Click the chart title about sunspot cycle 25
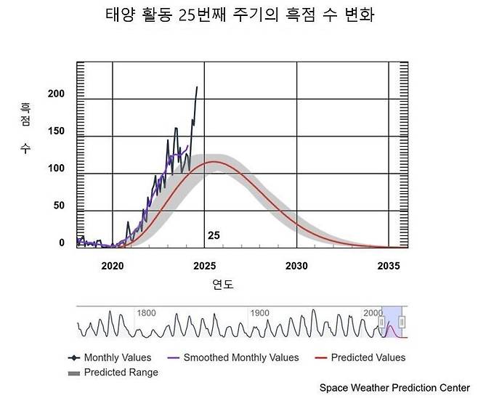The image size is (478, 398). click(x=239, y=15)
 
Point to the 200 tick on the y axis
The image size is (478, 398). click(x=57, y=94)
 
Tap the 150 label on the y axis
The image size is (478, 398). click(x=57, y=131)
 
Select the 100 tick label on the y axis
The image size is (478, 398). click(x=57, y=168)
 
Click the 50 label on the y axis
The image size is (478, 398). click(x=60, y=206)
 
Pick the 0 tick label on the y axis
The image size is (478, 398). click(x=62, y=243)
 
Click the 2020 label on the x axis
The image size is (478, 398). click(x=113, y=266)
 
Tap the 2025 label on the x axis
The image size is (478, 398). click(x=205, y=266)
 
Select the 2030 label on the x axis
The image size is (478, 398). click(x=296, y=266)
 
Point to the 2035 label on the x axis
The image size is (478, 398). click(x=389, y=266)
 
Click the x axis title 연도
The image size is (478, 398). click(x=223, y=283)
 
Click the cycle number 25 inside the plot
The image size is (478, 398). click(x=214, y=235)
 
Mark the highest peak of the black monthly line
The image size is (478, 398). click(x=196, y=87)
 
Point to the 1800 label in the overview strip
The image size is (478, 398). click(x=146, y=313)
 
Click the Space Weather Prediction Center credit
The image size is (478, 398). click(x=394, y=388)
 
